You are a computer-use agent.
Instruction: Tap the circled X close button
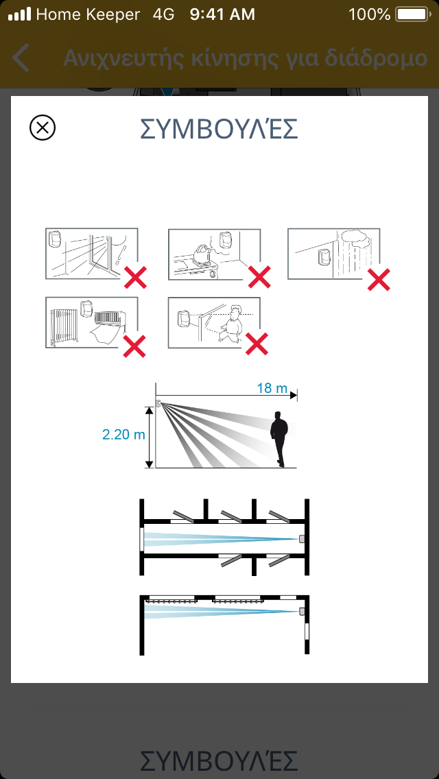(43, 128)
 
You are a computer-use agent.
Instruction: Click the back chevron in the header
(21, 58)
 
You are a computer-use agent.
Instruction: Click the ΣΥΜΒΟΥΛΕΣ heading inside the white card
(219, 128)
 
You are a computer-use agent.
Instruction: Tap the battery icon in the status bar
(412, 14)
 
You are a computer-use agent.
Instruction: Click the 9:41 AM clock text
(222, 14)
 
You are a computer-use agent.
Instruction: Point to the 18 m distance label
(272, 388)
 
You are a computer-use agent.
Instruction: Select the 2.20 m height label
(123, 434)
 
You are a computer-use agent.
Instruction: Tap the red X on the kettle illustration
(259, 277)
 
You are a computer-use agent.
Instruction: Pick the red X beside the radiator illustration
(135, 346)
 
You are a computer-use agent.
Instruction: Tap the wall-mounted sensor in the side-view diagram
(159, 404)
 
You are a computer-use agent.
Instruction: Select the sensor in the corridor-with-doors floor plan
(301, 539)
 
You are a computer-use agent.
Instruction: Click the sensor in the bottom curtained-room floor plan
(301, 611)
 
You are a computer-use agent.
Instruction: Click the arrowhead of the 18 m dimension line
(294, 396)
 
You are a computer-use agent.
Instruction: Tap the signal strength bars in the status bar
(20, 14)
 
